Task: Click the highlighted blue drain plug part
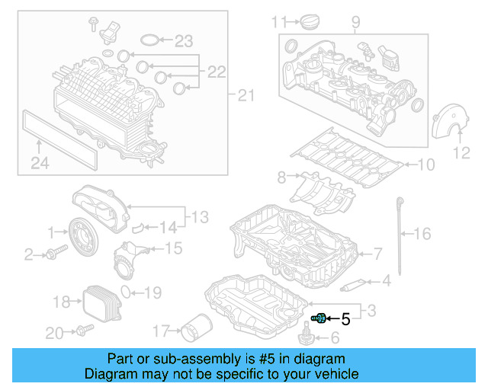[x=319, y=318]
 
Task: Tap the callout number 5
[x=345, y=319]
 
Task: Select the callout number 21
[x=244, y=95]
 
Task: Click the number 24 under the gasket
[x=40, y=162]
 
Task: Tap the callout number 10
[x=425, y=164]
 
